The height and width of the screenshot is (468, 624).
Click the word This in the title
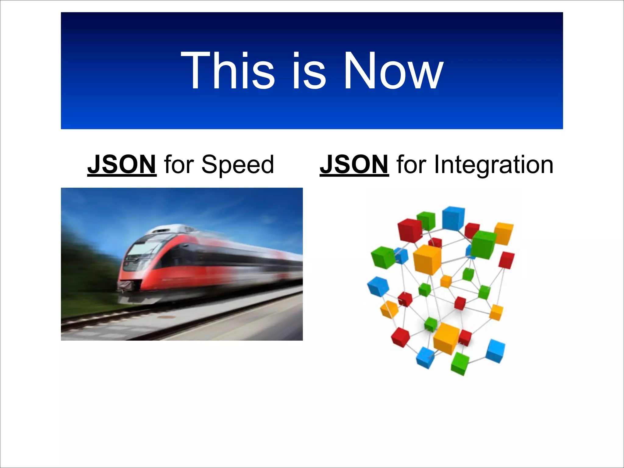[228, 71]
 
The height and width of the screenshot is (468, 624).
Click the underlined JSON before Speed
[122, 165]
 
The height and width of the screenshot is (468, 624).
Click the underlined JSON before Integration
[354, 165]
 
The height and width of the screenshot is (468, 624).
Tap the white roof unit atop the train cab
[171, 229]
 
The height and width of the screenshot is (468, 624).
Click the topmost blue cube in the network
[453, 218]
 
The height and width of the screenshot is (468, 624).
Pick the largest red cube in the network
[410, 230]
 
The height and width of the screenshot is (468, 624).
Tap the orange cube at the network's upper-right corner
[503, 233]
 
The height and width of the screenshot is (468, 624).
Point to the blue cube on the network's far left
[378, 286]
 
